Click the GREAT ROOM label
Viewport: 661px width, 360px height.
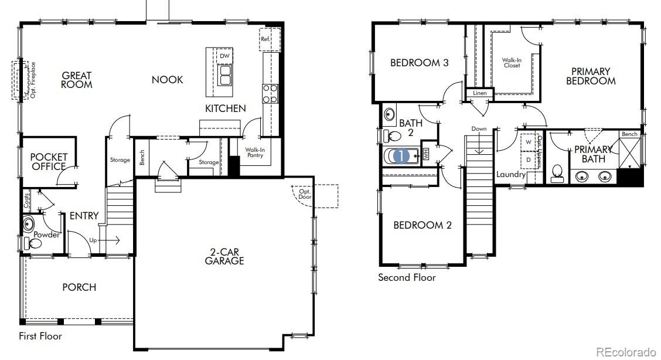tap(77, 80)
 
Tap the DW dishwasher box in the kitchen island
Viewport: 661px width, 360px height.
tap(224, 56)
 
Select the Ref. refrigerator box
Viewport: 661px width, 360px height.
tap(265, 39)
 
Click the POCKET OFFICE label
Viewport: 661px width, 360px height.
tap(49, 162)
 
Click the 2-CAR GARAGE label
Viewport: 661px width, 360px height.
tap(224, 256)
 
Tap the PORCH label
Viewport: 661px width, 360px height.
tap(79, 287)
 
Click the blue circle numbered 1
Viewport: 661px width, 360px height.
tap(401, 156)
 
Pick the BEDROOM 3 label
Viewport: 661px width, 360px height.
tap(420, 63)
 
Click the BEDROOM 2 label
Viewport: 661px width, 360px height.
tap(422, 225)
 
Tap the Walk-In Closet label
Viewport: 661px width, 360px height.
tap(512, 63)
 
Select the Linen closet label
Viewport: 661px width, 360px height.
tap(479, 93)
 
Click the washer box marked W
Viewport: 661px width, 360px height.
tap(528, 142)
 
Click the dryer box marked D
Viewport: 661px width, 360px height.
tap(528, 159)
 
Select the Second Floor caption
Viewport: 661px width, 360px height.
tap(407, 277)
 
